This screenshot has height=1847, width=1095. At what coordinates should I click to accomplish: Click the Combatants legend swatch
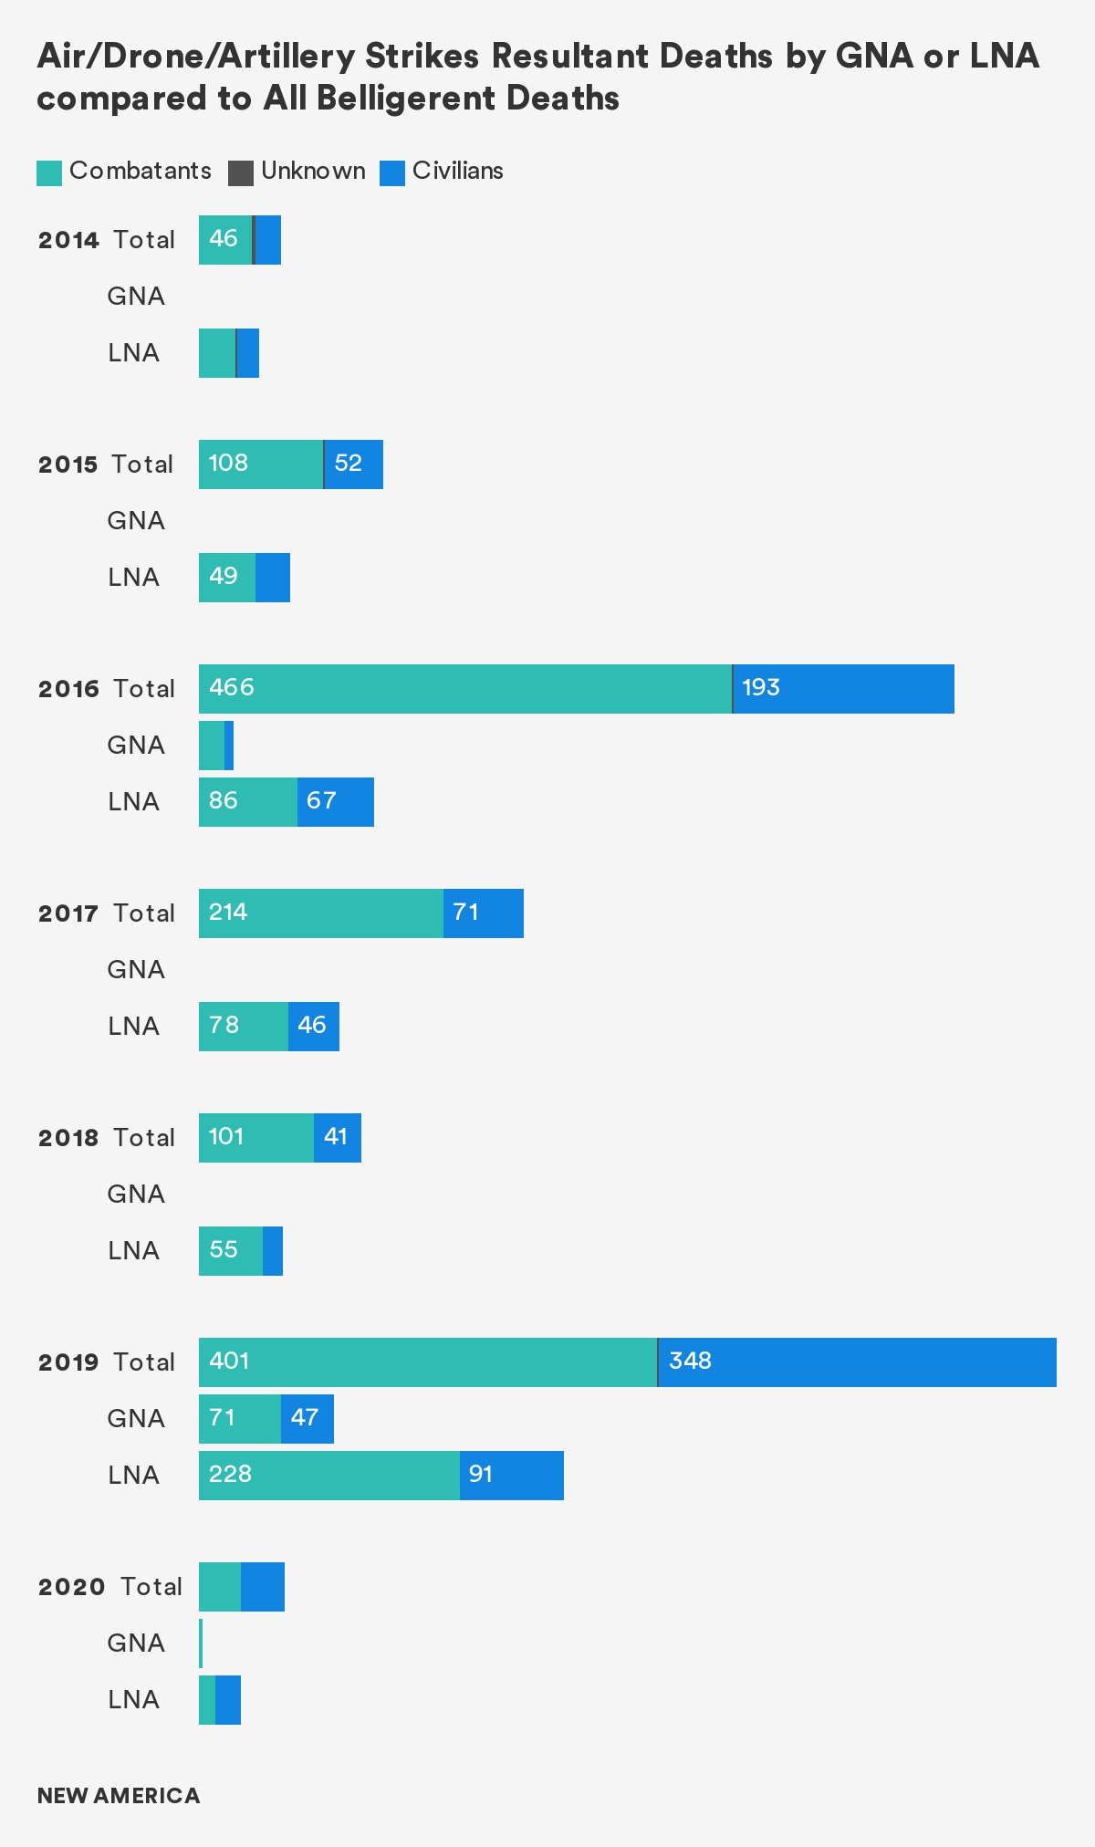point(49,173)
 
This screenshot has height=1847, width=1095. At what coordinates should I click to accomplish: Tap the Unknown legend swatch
point(241,173)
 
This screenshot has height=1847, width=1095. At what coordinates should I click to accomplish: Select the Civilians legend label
point(457,171)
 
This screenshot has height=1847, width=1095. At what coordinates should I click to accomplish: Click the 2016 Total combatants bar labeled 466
point(464,689)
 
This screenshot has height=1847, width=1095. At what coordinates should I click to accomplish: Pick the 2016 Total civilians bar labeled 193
point(843,689)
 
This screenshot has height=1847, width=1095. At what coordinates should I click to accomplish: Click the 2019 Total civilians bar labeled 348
point(857,1362)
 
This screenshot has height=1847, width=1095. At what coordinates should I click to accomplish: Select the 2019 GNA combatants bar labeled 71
point(239,1419)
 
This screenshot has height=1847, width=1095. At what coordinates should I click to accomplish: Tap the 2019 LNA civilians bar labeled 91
point(511,1476)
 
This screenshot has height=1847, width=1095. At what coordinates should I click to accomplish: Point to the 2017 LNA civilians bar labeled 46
point(314,1027)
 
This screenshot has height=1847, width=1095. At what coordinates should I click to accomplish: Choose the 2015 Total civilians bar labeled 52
point(354,464)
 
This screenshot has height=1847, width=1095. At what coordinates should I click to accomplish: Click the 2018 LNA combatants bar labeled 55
point(230,1251)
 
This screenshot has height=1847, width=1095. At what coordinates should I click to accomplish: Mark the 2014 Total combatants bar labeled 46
point(224,240)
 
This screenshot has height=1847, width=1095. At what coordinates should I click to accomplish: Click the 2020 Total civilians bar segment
point(263,1587)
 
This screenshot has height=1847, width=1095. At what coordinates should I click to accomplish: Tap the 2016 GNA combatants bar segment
point(212,746)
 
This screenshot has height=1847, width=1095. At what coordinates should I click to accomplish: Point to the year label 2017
point(68,913)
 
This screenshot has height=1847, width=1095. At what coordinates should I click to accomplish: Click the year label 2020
point(71,1587)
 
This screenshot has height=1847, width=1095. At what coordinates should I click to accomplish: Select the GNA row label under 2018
point(136,1195)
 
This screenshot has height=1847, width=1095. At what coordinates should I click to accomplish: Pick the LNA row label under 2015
point(133,578)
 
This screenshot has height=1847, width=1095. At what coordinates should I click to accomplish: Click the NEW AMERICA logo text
point(119,1796)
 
